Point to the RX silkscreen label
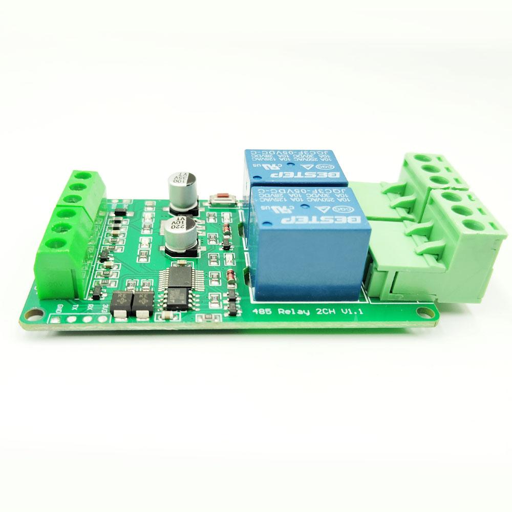point(90,308)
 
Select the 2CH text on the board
point(324,312)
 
